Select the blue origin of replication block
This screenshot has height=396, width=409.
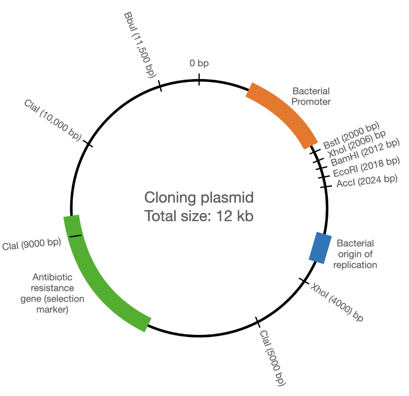[321, 248]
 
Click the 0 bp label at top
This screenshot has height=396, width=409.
[199, 63]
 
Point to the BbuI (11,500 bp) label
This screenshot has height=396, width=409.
[139, 44]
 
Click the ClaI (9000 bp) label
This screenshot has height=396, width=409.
[31, 245]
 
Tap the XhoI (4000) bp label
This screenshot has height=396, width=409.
[338, 302]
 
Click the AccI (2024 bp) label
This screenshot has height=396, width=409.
[367, 180]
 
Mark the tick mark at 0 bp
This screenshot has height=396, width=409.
[199, 79]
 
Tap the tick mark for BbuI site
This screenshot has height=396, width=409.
[160, 86]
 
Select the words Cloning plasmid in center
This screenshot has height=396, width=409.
[199, 198]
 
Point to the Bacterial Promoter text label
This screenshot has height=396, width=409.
[311, 96]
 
